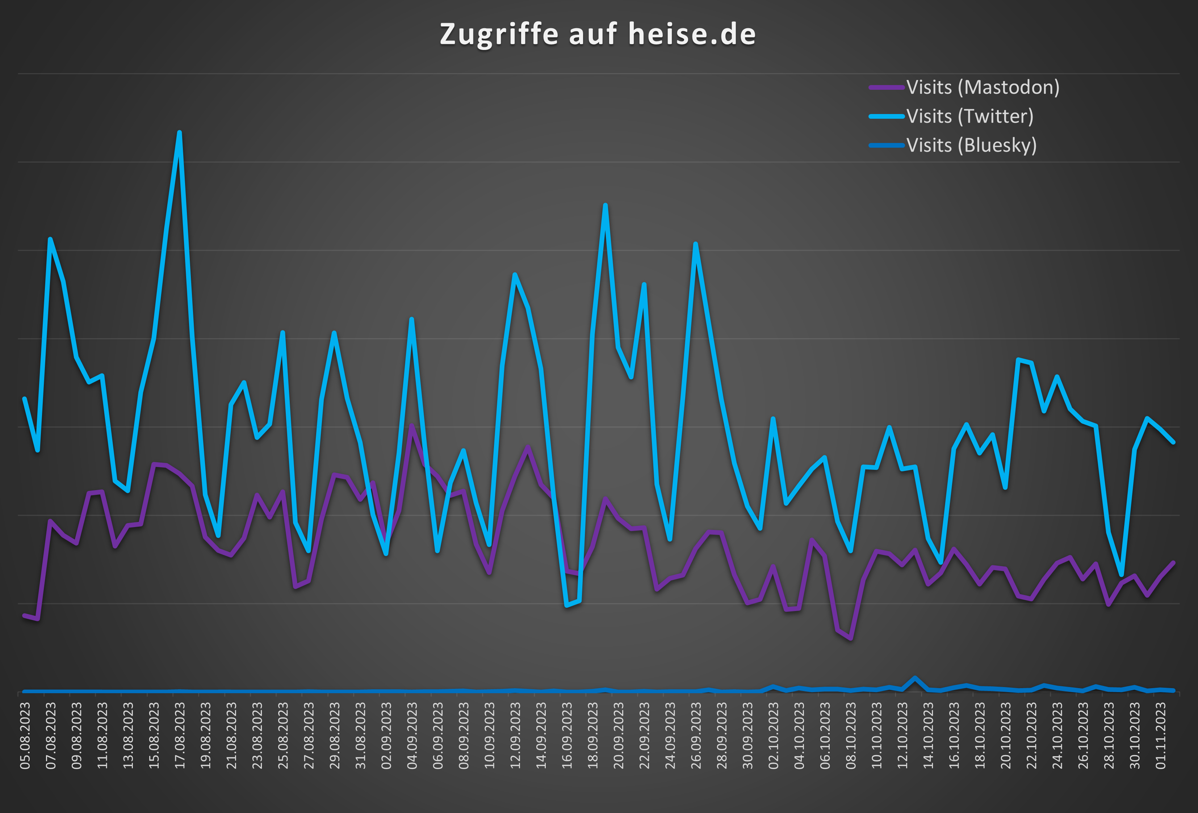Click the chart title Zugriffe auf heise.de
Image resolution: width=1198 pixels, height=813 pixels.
(x=598, y=34)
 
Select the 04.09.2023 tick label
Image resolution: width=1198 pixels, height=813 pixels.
(x=412, y=736)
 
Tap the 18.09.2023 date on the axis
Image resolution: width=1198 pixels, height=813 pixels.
(x=593, y=736)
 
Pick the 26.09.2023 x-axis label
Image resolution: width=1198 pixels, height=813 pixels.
(x=696, y=736)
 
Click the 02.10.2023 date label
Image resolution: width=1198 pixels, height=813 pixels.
(x=773, y=736)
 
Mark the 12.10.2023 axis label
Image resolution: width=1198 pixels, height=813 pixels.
(x=902, y=736)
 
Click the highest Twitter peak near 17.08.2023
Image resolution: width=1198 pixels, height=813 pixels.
(x=179, y=133)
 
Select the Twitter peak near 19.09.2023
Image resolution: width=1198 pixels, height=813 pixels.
(x=605, y=206)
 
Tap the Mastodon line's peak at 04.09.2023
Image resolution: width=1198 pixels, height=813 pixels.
(x=411, y=426)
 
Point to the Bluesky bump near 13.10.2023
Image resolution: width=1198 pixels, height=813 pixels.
(x=915, y=678)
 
